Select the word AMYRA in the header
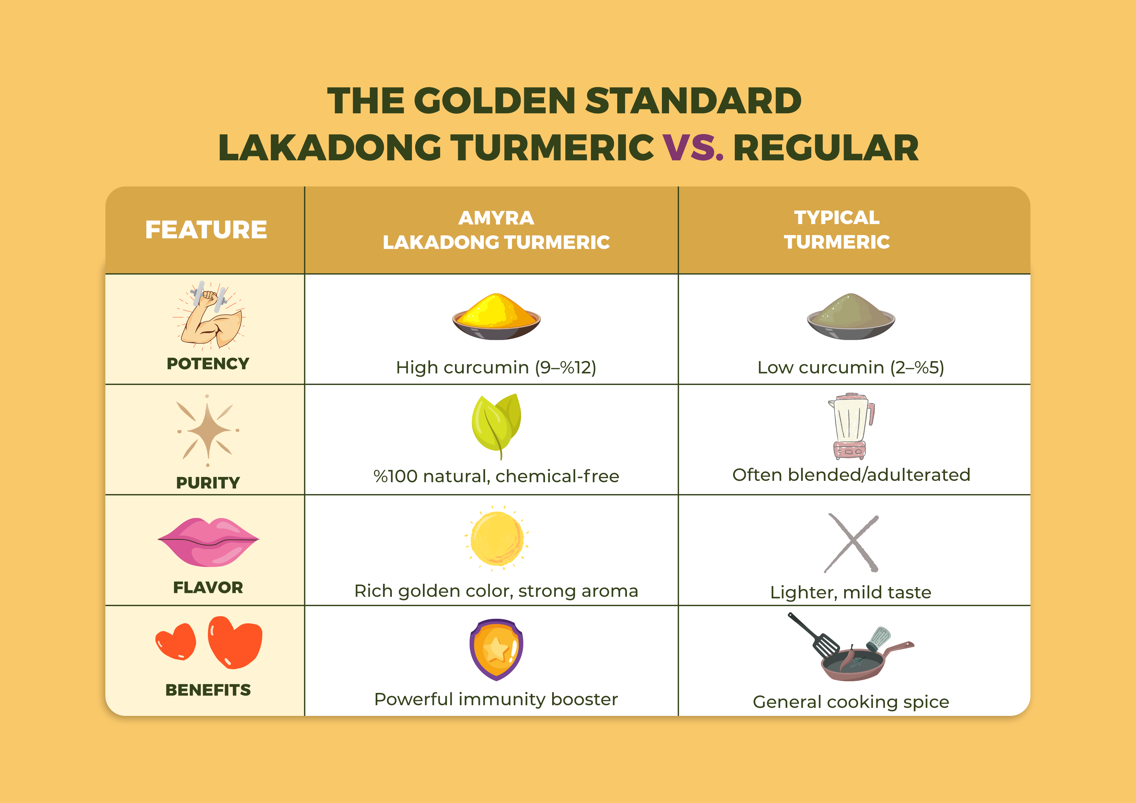tap(496, 218)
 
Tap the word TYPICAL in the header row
tap(837, 217)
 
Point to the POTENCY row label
tap(208, 364)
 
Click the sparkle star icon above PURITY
tap(208, 430)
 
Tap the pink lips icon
tap(208, 542)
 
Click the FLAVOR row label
tap(208, 587)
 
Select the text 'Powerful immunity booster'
tap(496, 699)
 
